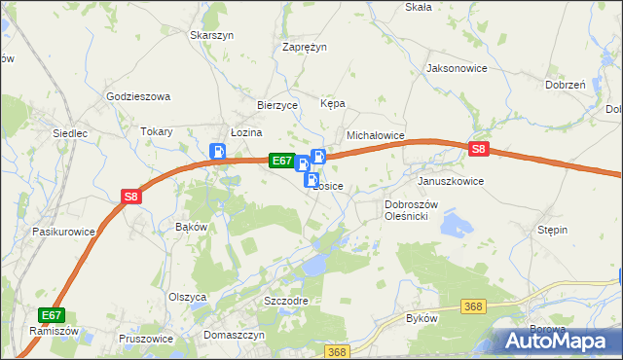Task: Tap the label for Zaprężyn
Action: point(305,47)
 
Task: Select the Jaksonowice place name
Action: point(456,69)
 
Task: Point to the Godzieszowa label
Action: point(138,97)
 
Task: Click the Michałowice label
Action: point(375,136)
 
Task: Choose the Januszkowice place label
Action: point(450,182)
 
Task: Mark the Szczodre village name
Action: point(286,301)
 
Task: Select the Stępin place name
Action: point(552,230)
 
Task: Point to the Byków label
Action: point(421,319)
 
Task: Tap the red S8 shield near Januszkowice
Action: point(478,150)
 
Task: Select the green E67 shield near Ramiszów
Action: point(52,315)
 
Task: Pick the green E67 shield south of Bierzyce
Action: point(280,161)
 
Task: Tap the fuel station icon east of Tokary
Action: point(218,152)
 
